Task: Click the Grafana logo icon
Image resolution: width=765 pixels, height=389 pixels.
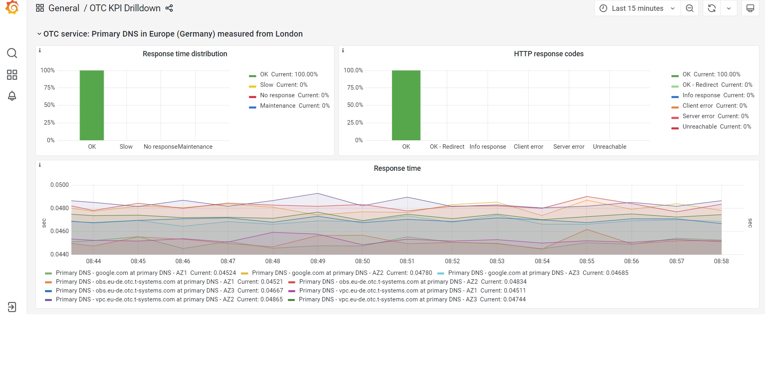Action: (x=12, y=7)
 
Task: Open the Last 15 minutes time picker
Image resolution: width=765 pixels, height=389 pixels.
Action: (x=637, y=8)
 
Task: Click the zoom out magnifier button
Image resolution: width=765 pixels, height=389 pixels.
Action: (x=690, y=8)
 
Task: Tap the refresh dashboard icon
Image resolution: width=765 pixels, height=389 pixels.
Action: (x=712, y=8)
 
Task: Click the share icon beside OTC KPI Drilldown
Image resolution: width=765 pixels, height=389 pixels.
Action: (x=169, y=8)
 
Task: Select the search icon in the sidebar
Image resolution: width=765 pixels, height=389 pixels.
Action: (x=12, y=53)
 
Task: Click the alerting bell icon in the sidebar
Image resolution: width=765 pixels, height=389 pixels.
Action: (x=12, y=96)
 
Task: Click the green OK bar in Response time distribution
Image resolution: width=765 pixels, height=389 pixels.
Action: (x=92, y=105)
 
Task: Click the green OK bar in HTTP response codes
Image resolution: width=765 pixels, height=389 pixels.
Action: (x=406, y=105)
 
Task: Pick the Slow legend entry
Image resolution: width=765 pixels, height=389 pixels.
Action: (x=283, y=85)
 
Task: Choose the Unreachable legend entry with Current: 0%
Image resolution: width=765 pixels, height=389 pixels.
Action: (x=716, y=127)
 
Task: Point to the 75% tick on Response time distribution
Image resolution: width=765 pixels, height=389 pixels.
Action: (x=49, y=88)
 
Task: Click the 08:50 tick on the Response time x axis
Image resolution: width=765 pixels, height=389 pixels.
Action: (x=362, y=261)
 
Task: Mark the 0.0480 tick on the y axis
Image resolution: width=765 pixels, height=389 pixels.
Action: (x=59, y=208)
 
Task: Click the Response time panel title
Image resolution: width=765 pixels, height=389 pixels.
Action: (x=397, y=168)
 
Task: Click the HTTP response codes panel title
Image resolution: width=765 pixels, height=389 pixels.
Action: (x=549, y=54)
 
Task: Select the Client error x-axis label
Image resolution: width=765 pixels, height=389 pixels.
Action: (x=528, y=147)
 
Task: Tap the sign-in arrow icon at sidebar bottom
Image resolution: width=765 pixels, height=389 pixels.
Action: (x=12, y=307)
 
